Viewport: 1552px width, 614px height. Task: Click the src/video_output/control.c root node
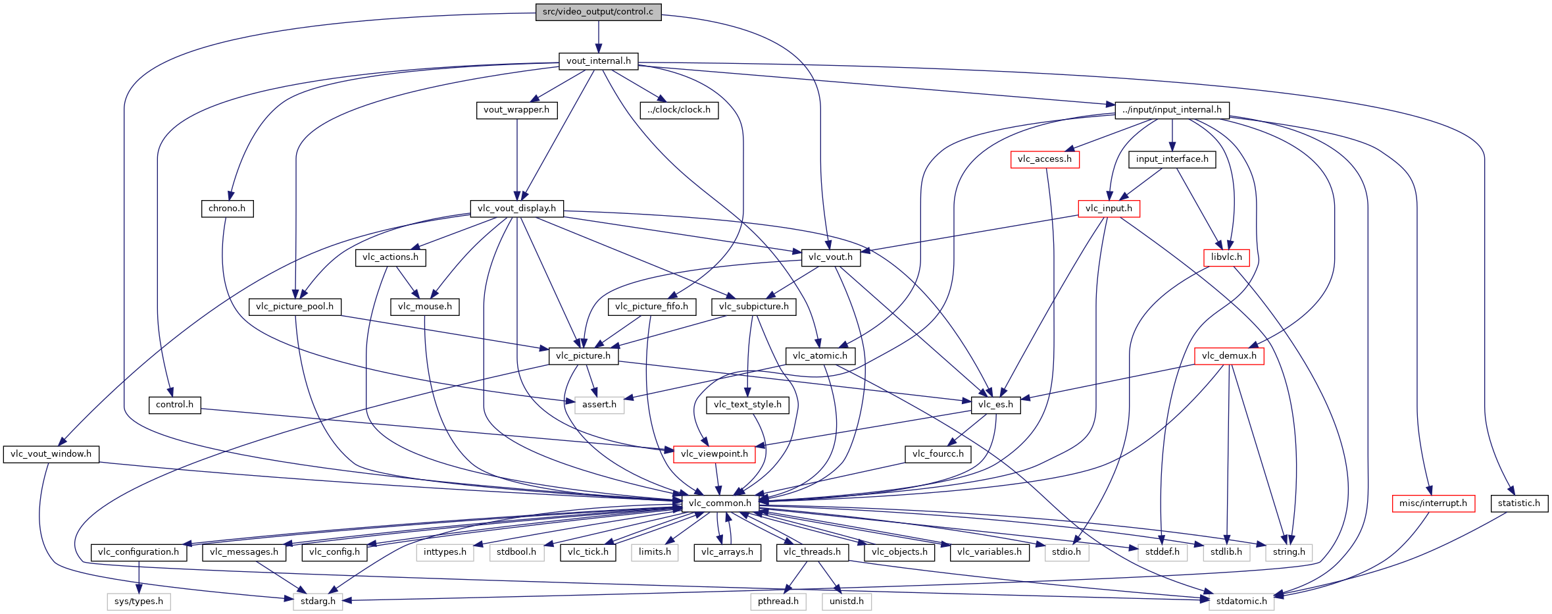pos(598,12)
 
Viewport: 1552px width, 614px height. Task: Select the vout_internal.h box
pos(598,61)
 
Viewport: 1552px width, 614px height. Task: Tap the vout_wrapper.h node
pos(516,110)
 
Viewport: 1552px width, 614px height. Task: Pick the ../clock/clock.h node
pos(679,110)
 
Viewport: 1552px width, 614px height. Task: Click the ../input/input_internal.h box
pos(1172,110)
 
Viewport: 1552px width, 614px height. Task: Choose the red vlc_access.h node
pos(1045,159)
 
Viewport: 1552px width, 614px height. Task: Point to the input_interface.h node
pos(1172,159)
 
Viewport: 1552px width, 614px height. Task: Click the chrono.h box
pos(227,209)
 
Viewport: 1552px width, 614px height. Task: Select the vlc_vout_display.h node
pos(516,209)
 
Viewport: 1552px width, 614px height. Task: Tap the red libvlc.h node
pos(1226,257)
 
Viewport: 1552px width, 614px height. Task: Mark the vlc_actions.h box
pos(390,257)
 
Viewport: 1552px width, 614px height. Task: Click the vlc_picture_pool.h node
pos(295,307)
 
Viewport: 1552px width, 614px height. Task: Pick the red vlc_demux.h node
pos(1229,356)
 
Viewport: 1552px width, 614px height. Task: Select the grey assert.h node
pos(599,405)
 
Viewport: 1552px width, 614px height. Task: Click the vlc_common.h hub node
pos(720,503)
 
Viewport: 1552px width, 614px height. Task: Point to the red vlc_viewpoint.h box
pos(714,454)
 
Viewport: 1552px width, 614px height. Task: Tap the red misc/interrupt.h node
pos(1433,503)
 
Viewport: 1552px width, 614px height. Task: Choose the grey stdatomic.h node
pos(1241,601)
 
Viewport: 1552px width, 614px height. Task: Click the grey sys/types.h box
pos(139,601)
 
